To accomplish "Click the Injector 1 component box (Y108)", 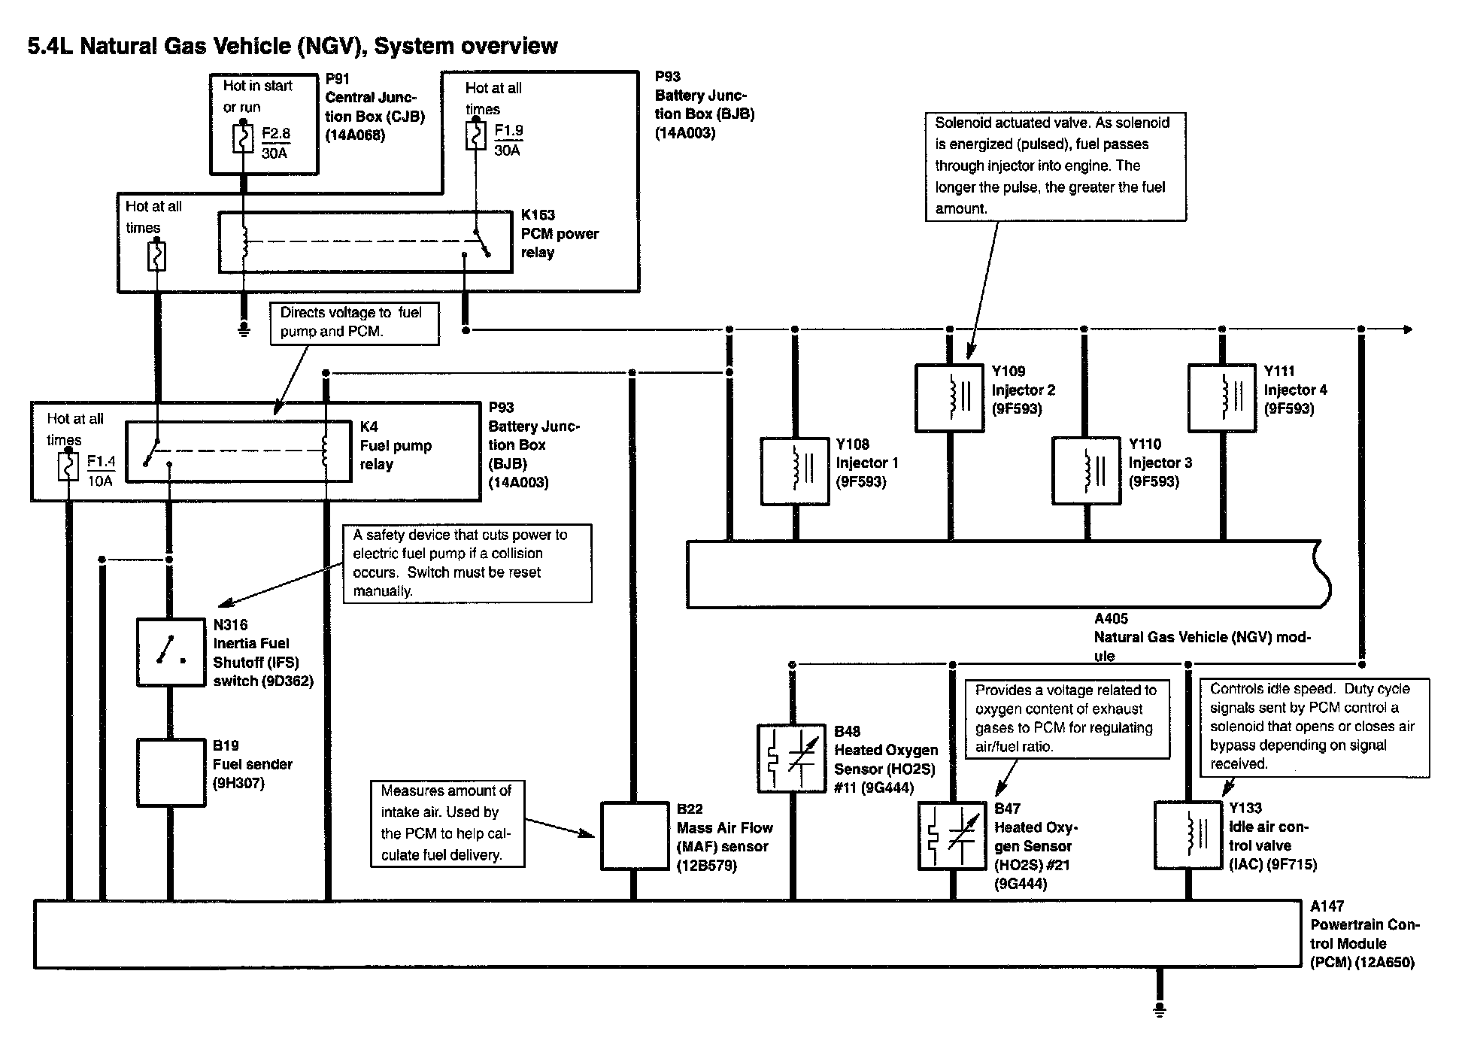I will point(795,471).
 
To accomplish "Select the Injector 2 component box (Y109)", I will point(949,398).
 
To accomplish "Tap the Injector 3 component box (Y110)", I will point(1086,471).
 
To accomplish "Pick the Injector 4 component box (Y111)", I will point(1222,398).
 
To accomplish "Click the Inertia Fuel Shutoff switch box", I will point(171,651).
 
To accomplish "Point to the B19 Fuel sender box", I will point(171,772).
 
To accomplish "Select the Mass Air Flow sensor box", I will point(634,836).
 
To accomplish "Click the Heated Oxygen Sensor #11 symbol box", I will point(792,758).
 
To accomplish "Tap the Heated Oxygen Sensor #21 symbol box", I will point(952,835).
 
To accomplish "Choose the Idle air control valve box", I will point(1188,835).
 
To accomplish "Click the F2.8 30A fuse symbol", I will point(243,139).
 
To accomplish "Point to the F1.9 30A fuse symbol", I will point(475,136).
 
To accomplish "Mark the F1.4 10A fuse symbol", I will point(68,466).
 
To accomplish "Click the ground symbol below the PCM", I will point(1159,1008).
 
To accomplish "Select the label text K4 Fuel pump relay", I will point(396,445).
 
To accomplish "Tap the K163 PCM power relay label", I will point(560,233).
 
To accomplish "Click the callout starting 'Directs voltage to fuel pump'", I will point(354,323).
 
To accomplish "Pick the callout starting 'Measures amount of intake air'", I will point(447,823).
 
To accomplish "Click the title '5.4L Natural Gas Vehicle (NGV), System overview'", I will point(293,47).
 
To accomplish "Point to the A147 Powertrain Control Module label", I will point(1363,934).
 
